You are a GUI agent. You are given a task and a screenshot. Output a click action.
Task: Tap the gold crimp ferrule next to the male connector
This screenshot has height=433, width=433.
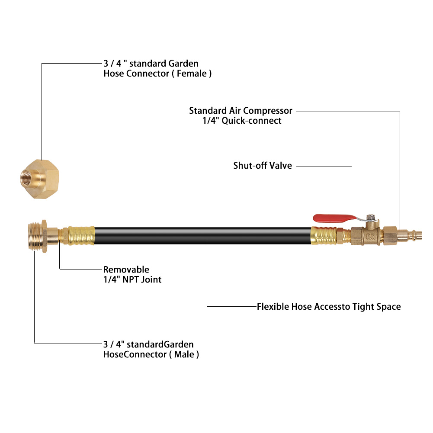(x=82, y=236)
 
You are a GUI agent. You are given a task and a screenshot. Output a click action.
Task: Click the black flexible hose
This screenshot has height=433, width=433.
(x=203, y=236)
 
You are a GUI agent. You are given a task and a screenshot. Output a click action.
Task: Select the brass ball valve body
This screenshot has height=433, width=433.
(x=366, y=236)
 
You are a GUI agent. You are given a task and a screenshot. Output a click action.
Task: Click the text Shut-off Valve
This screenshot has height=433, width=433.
(x=263, y=166)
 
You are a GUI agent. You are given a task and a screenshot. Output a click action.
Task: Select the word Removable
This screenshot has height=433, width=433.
(x=126, y=270)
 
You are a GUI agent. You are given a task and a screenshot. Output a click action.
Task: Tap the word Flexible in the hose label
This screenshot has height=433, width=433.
(x=273, y=307)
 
